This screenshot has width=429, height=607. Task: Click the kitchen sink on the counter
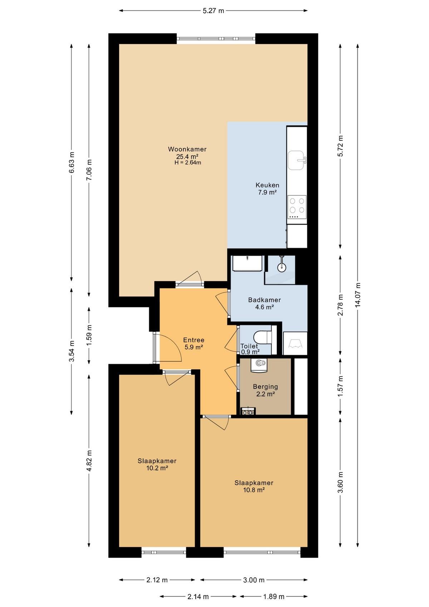pos(296,160)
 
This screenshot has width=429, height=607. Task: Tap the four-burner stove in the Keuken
pos(297,207)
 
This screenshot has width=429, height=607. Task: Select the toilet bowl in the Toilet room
pos(262,337)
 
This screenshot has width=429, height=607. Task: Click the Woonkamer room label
pos(187,149)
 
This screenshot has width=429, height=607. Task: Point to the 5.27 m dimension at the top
pos(213,11)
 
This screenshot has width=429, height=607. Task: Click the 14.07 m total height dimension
pos(358,295)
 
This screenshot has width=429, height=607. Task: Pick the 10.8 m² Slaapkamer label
pos(254,486)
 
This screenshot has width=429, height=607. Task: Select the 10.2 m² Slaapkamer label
pos(157,464)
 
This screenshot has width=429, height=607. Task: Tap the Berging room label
pos(265,387)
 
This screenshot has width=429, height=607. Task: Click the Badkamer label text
pos(265,300)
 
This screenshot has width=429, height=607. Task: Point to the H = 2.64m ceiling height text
pos(188,163)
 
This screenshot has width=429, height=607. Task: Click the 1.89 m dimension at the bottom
pos(274,596)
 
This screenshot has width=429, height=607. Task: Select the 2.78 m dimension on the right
pos(340,305)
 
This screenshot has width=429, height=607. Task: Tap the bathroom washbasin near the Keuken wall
pos(247,264)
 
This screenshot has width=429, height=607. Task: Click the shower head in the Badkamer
pos(282,266)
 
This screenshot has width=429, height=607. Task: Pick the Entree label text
pos(194,340)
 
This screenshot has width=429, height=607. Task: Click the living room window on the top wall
pos(216,39)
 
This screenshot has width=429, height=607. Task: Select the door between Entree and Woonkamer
pos(190,284)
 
